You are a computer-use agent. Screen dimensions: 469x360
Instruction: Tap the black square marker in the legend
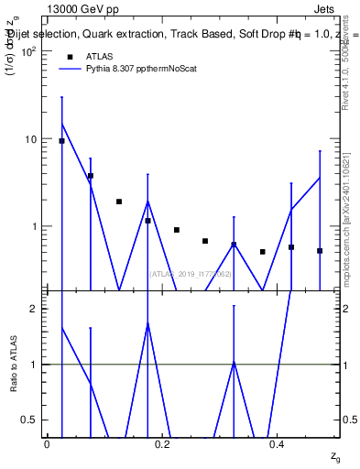pos(70,56)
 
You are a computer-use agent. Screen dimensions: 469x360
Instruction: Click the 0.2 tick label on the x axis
pos(162,444)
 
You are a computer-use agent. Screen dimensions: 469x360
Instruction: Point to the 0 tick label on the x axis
pos(47,444)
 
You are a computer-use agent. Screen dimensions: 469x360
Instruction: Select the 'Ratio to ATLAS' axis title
pos(13,365)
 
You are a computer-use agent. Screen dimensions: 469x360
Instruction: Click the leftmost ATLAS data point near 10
pos(61,141)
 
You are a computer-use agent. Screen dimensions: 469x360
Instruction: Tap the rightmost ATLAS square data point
pos(320,250)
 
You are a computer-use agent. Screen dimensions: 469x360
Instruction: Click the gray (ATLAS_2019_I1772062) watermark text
pos(191,274)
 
